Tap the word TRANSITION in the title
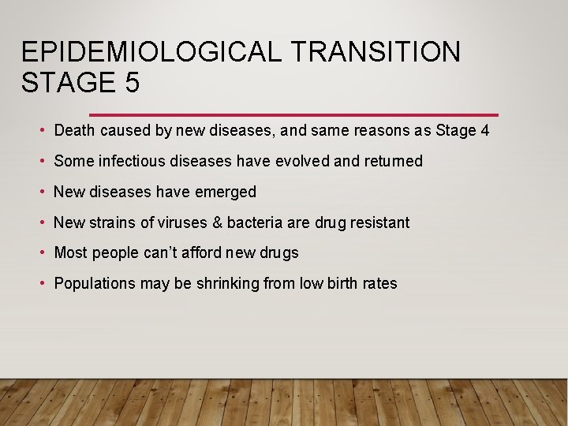[x=376, y=52]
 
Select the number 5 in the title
[x=131, y=82]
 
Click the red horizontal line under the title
[x=293, y=114]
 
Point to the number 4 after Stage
[x=484, y=130]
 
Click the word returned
[x=394, y=161]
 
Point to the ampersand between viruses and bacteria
[x=216, y=222]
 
